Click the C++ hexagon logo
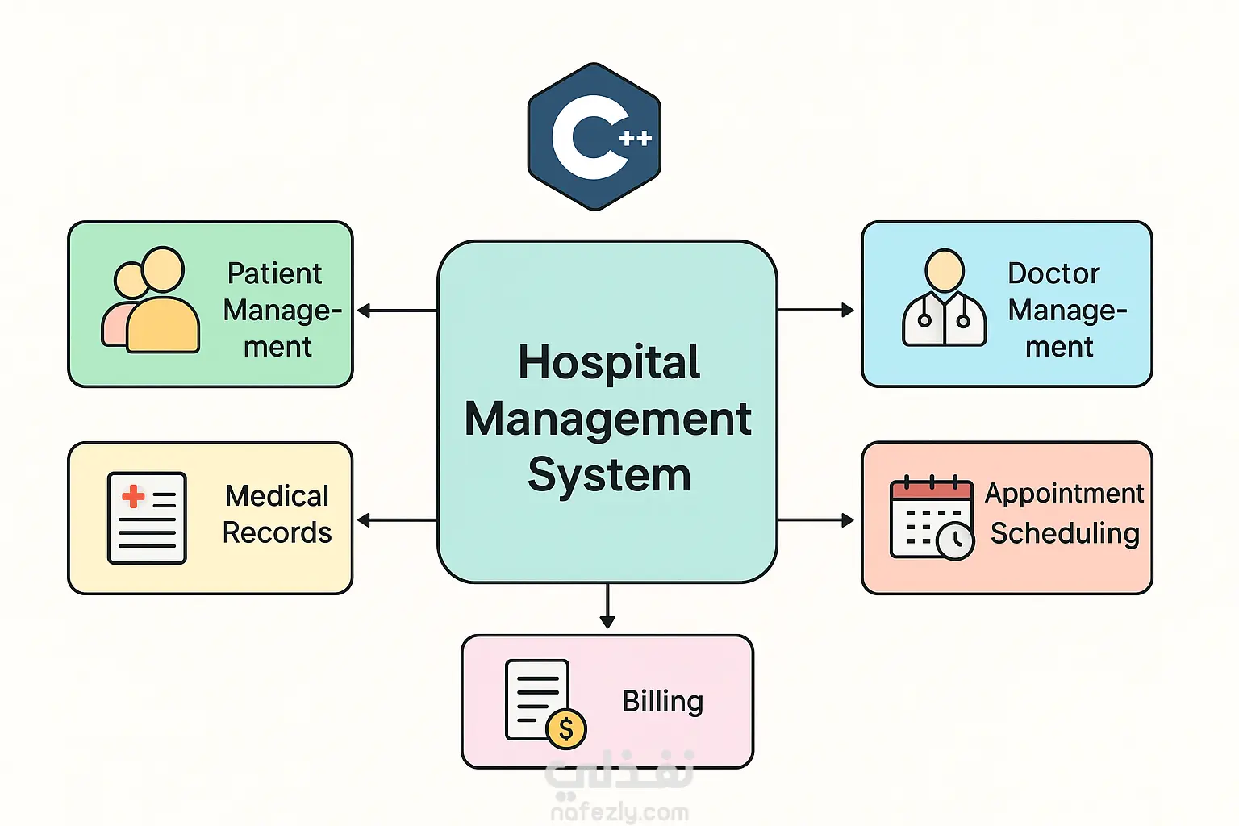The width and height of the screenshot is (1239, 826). point(594,137)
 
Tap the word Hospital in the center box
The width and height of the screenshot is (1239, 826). point(609,362)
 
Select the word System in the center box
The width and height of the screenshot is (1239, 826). point(609,474)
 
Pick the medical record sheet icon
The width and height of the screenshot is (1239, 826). point(147,518)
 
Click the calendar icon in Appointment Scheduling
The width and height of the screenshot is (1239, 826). point(931,517)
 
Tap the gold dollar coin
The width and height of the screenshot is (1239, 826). point(565,729)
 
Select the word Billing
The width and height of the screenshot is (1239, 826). point(662,701)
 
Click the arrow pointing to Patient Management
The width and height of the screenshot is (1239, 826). point(396,311)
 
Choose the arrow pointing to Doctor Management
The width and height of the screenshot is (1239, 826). point(816,310)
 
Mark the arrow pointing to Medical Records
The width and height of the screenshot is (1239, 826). point(396,520)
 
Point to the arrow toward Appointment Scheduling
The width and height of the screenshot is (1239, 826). point(816,520)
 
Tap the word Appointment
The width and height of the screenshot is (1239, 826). point(1064,493)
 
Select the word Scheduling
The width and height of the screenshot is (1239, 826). point(1065,533)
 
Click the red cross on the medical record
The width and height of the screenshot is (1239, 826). point(133,496)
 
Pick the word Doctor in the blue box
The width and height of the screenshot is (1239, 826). point(1053,273)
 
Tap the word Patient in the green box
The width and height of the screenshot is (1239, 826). point(274,273)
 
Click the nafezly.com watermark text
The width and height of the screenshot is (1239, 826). point(619,812)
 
